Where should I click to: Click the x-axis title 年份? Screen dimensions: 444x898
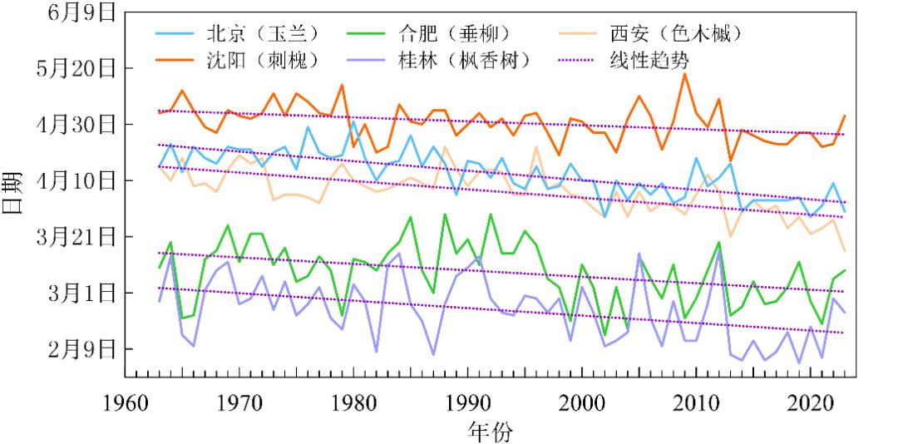(490, 432)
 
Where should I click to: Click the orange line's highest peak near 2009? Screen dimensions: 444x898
(684, 73)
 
